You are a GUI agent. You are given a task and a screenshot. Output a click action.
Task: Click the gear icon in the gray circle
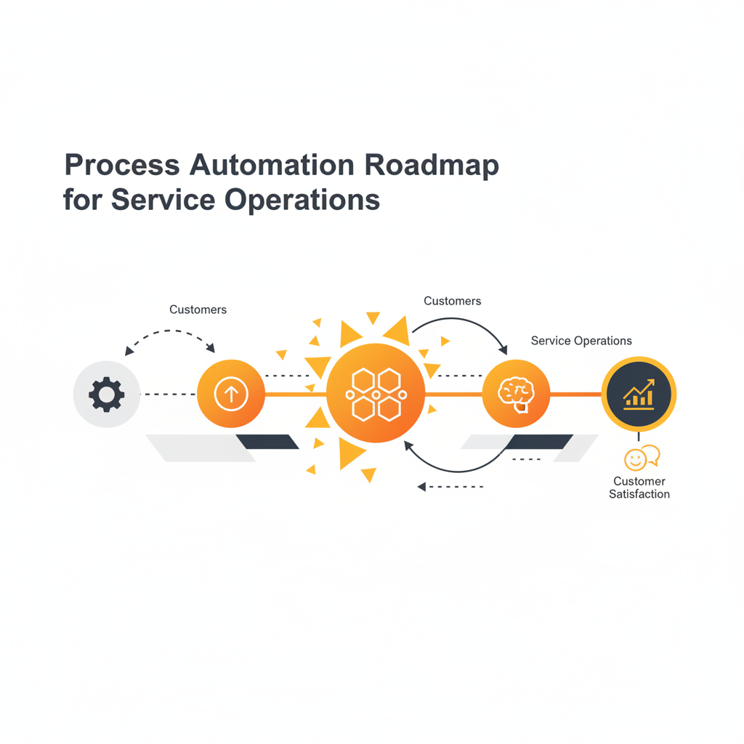coord(107,395)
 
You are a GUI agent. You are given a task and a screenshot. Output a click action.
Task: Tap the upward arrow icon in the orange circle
coord(231,395)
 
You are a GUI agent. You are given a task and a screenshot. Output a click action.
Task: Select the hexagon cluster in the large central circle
coord(376,394)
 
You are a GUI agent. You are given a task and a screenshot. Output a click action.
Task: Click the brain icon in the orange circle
coord(516,393)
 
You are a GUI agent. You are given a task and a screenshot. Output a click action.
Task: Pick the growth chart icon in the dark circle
coord(639,395)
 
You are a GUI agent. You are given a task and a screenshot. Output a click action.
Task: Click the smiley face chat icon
coord(641,458)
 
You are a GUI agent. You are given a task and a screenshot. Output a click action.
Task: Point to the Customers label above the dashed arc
coord(198,310)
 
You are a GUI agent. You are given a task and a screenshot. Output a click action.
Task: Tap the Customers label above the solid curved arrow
coord(452,301)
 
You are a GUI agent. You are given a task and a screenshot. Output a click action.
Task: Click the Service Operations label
coord(581,341)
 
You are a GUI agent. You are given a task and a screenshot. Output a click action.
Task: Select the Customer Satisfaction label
coord(639,488)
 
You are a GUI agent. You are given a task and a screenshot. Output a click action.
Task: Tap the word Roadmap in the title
coord(432,166)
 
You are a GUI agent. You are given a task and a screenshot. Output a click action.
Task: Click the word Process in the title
coord(122,166)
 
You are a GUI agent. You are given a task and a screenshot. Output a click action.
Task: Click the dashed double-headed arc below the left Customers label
coord(170,332)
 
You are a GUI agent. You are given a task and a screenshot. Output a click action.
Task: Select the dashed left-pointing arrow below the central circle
coord(450,487)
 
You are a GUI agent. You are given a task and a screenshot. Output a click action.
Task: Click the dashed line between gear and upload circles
coord(169,395)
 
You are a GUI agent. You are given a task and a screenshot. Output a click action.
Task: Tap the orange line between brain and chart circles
coord(575,395)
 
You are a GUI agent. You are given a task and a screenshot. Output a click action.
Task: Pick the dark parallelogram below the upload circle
coord(267,442)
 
